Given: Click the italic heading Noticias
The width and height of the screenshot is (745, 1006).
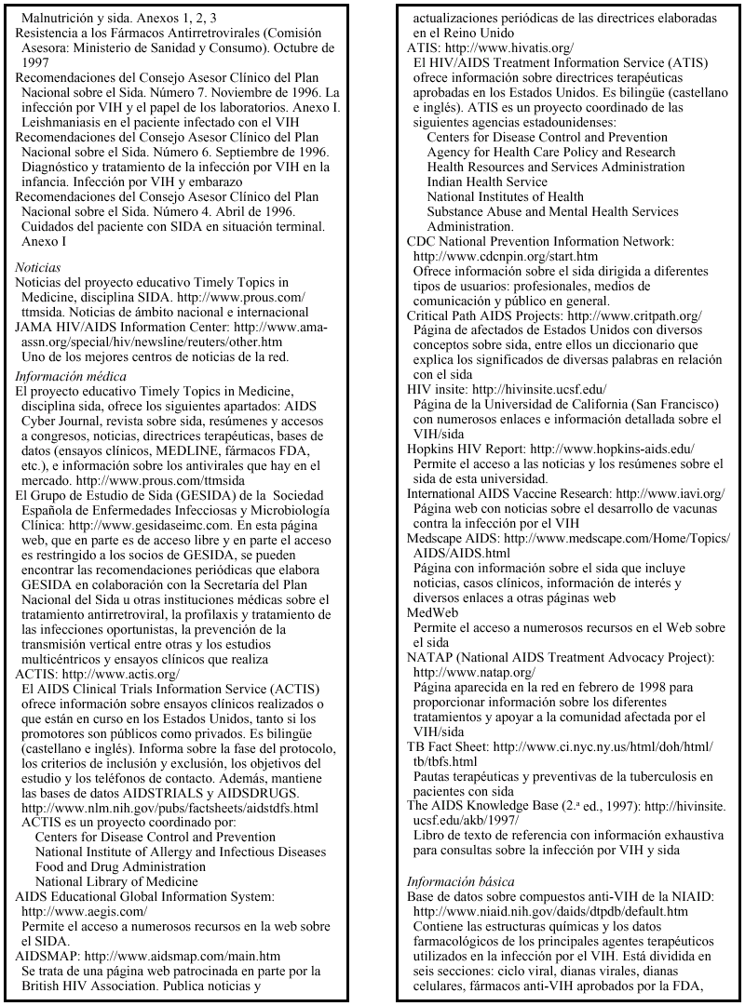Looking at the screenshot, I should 37,267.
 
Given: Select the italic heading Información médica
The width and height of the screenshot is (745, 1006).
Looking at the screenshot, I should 65,376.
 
